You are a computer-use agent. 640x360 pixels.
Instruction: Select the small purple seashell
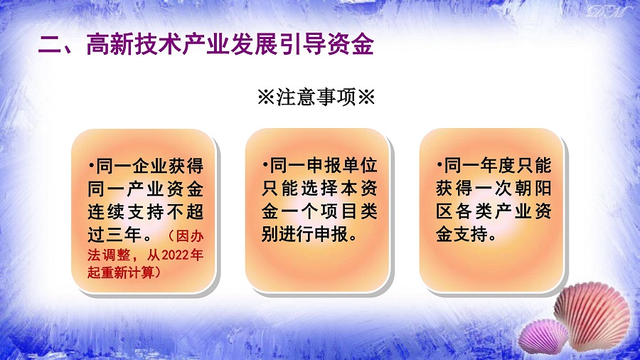tap(543, 336)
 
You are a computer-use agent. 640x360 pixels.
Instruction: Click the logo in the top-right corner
tap(606, 11)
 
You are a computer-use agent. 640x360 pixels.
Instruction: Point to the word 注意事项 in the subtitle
tap(316, 97)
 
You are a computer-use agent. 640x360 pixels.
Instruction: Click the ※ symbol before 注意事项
tap(267, 97)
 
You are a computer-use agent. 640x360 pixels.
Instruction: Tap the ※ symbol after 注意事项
tap(366, 97)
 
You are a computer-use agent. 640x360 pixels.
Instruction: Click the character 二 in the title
tap(50, 44)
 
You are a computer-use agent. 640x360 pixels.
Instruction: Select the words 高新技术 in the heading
tap(134, 44)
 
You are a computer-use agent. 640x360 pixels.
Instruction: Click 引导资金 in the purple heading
tap(326, 44)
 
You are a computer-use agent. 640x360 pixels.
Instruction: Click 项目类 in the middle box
tap(349, 211)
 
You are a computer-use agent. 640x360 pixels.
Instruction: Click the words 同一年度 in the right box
tap(479, 165)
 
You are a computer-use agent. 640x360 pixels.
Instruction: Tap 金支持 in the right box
tap(462, 234)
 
